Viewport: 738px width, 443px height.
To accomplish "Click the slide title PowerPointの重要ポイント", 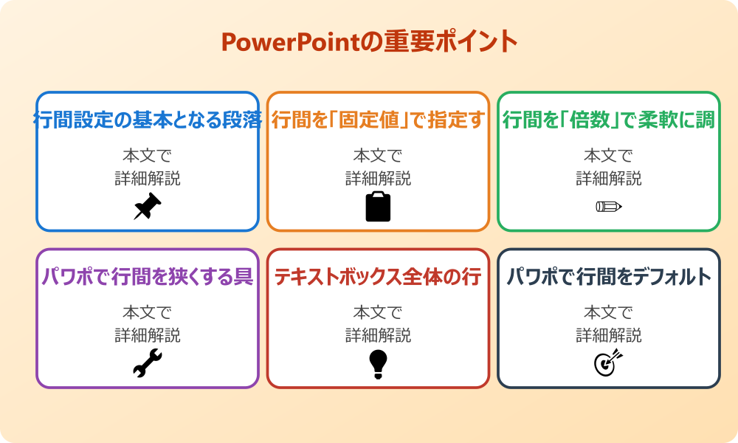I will pyautogui.click(x=369, y=42).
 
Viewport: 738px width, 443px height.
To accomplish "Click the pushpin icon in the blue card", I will pyautogui.click(x=147, y=206).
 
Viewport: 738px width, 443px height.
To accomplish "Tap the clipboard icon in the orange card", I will pyautogui.click(x=378, y=206).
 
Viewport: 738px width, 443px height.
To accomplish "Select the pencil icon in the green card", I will pyautogui.click(x=608, y=206).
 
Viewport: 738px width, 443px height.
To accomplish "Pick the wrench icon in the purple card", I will pyautogui.click(x=147, y=363).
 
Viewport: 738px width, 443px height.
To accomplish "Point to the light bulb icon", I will pyautogui.click(x=378, y=363).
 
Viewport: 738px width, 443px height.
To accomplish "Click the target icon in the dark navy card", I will pyautogui.click(x=608, y=363).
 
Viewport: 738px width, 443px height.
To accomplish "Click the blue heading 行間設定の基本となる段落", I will pyautogui.click(x=148, y=120).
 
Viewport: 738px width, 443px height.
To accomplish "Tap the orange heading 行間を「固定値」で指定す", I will pyautogui.click(x=378, y=120).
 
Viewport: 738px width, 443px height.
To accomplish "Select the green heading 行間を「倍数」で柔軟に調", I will pyautogui.click(x=608, y=120).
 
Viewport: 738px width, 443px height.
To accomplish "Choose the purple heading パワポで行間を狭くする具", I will pyautogui.click(x=148, y=277).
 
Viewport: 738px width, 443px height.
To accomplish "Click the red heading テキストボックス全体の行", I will pyautogui.click(x=378, y=277).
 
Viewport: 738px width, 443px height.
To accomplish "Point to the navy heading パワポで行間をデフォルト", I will pyautogui.click(x=608, y=277).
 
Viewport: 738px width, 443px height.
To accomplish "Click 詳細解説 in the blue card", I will pyautogui.click(x=148, y=179).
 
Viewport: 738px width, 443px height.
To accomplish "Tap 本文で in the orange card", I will pyautogui.click(x=378, y=156).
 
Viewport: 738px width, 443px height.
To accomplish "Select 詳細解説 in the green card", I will pyautogui.click(x=608, y=179).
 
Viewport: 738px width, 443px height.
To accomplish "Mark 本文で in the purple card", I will pyautogui.click(x=148, y=312).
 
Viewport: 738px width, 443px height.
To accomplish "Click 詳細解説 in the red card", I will pyautogui.click(x=378, y=335).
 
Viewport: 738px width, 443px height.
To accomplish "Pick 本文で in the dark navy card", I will pyautogui.click(x=608, y=312).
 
